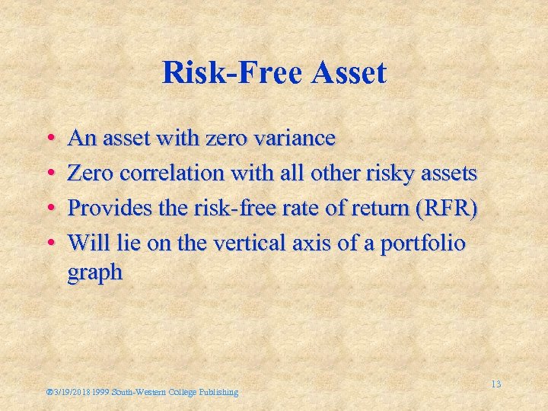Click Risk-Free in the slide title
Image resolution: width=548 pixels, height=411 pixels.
[x=221, y=74]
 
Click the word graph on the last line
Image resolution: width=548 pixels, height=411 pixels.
[x=94, y=272]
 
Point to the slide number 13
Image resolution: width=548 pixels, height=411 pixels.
[x=495, y=384]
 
